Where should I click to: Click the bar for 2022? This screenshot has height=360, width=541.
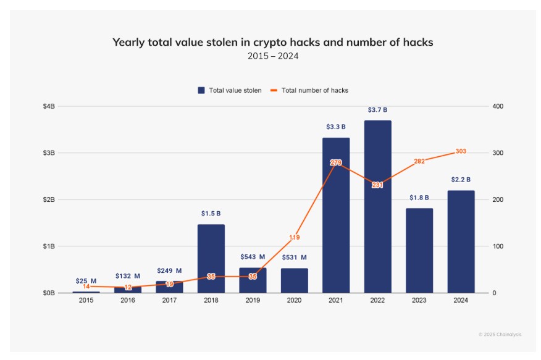[x=377, y=207]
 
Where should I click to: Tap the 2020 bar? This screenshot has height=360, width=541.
[x=294, y=280]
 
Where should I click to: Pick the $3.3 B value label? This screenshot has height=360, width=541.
[x=336, y=127]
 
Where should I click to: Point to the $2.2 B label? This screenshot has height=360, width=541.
[x=461, y=180]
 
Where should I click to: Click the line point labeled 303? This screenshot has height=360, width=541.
[x=461, y=151]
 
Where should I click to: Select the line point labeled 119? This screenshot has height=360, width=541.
[x=294, y=237]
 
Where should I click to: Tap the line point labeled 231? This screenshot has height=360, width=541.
[x=377, y=185]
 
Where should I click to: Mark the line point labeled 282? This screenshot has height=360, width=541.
[x=419, y=161]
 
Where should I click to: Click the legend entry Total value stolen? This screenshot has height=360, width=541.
[x=229, y=90]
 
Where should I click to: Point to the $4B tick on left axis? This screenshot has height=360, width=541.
[x=48, y=106]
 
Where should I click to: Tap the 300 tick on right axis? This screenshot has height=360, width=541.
[x=498, y=153]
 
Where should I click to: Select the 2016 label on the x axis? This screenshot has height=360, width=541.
[x=127, y=300]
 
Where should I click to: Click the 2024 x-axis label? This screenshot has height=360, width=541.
[x=461, y=300]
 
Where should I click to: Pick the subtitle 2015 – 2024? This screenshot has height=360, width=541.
[x=272, y=57]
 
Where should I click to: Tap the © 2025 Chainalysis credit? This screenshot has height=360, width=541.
[x=500, y=334]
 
